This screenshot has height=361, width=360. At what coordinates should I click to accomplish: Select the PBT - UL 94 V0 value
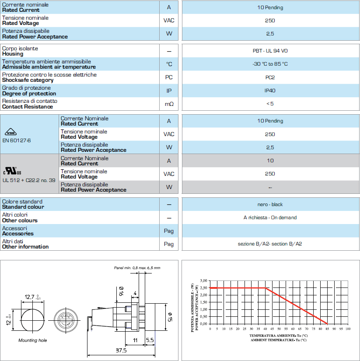pos(270,51)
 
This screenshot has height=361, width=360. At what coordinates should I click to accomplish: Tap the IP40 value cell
pos(270,91)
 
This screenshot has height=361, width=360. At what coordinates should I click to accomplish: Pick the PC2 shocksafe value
pos(270,77)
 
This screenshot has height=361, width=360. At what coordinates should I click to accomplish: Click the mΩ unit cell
pos(169,104)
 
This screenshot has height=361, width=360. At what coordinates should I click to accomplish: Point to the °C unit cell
pos(169,64)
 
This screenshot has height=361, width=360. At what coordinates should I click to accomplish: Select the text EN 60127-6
pos(17,140)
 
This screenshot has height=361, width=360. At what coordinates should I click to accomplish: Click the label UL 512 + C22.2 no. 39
pos(29,180)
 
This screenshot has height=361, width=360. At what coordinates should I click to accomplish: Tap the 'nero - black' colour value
pos(270,204)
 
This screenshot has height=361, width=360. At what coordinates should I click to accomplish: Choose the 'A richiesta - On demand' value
pos(270,217)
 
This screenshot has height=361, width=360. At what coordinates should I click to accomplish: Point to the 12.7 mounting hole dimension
pos(30,297)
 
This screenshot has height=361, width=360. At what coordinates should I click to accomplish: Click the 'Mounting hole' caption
pos(32,340)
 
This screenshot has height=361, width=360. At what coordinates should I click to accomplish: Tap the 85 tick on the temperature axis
pos(327,329)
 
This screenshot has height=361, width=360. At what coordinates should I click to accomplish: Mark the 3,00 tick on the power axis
pos(203,280)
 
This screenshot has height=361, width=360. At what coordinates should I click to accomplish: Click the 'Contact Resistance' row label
pos(28,106)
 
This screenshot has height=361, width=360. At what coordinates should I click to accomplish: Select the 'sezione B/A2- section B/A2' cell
pos(270,244)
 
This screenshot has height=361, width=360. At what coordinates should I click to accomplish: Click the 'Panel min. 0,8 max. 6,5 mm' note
pos(136,267)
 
